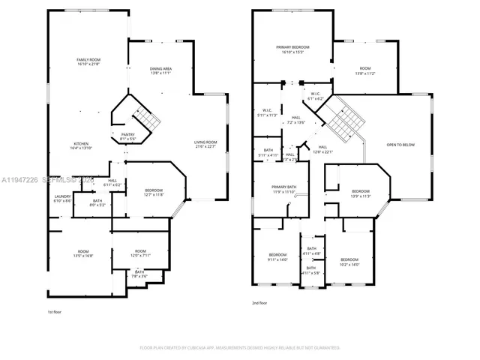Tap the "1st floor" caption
pos(55,310)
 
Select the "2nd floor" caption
pos(259,303)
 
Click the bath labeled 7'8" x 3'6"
pos(139,274)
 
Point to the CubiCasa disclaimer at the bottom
pos(239,348)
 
